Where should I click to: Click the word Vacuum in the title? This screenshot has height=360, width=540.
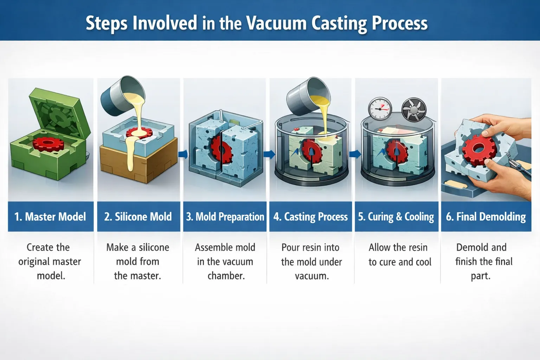[276, 24]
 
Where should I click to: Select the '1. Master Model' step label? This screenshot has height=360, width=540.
[50, 217]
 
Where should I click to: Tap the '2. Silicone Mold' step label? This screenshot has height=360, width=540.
[138, 217]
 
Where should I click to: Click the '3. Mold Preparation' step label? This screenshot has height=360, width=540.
[225, 217]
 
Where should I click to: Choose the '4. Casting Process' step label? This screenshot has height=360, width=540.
[311, 217]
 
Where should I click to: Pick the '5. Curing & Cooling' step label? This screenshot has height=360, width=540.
[396, 217]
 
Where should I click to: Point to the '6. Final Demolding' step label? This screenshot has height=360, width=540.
[486, 217]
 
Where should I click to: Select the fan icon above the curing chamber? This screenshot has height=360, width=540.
[414, 109]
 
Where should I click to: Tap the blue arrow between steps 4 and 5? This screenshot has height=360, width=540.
[355, 154]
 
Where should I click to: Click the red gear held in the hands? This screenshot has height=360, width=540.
[477, 150]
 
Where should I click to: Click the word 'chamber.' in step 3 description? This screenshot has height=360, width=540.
[226, 276]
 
